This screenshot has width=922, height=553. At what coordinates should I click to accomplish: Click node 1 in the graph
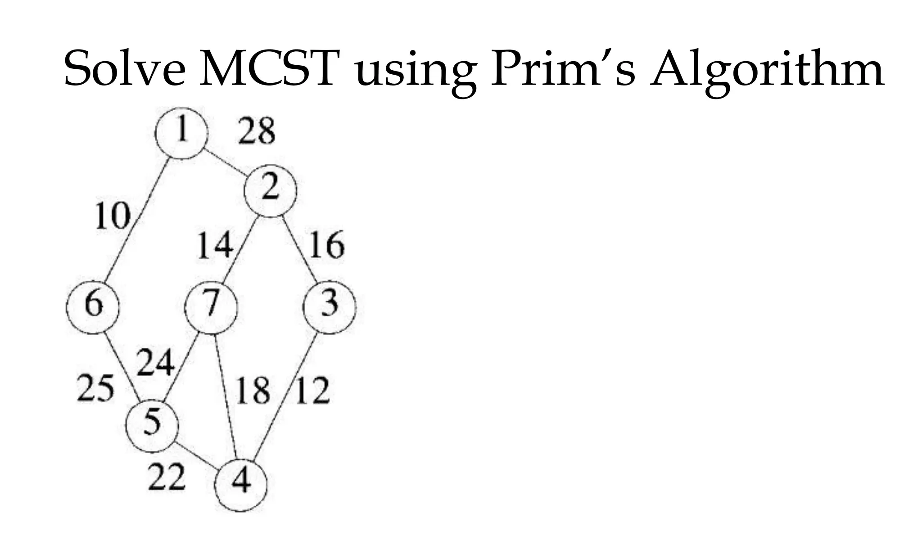181,133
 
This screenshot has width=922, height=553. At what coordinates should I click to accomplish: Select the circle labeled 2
270,190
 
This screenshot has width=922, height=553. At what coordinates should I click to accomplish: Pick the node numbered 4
241,485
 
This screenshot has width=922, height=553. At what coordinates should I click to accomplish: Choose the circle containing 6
93,307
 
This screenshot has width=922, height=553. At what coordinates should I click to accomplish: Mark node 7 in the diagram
211,307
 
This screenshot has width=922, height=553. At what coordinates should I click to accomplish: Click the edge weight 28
256,131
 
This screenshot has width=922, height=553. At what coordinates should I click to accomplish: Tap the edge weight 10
113,216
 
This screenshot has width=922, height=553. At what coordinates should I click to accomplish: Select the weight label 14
215,246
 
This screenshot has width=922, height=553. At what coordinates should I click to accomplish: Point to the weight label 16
326,245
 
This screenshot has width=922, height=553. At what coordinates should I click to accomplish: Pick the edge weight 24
155,363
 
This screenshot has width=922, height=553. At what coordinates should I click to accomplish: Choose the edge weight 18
253,391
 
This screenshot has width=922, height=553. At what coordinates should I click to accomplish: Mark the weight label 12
312,391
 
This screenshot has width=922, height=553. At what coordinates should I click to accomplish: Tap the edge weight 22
167,477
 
